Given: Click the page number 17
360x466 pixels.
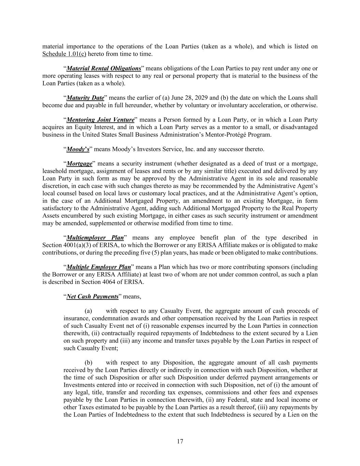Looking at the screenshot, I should tap(180, 441).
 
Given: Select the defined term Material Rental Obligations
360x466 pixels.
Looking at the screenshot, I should tap(104, 68).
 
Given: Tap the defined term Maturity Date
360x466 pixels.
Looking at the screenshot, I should tap(85, 98).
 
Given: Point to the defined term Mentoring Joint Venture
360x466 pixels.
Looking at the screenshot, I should tap(100, 120).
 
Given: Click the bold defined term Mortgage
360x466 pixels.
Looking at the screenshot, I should tap(79, 164).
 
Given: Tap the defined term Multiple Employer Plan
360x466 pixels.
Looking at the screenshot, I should tap(99, 267).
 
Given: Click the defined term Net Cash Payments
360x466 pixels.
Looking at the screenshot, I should tap(92, 296).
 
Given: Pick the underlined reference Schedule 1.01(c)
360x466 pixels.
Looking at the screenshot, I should tap(64, 54).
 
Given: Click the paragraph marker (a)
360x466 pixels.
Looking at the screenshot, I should tap(88, 311).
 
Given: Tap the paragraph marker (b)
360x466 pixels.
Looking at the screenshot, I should tap(88, 363).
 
